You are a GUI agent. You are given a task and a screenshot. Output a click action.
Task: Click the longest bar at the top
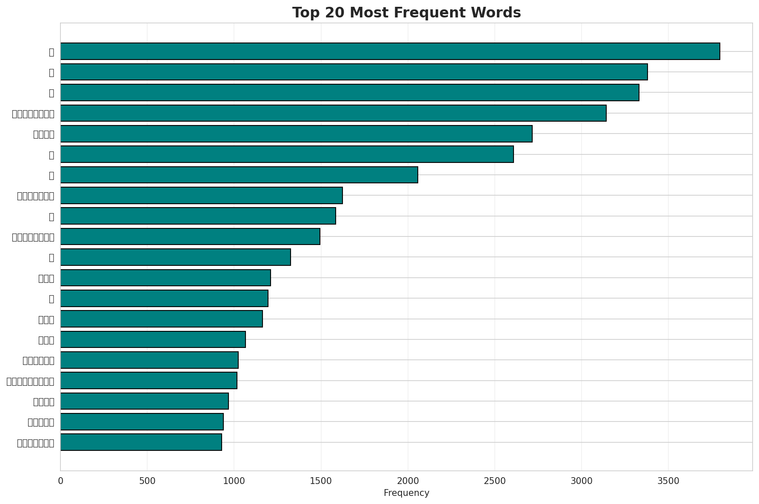click(390, 51)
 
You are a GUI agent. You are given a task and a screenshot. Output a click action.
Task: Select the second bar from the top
click(354, 72)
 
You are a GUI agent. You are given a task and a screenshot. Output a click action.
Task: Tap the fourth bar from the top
click(333, 113)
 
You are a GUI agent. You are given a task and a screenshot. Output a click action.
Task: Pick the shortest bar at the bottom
click(141, 442)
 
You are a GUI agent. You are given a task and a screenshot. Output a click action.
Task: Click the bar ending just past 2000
click(239, 175)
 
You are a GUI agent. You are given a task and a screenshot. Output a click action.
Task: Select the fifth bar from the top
click(296, 134)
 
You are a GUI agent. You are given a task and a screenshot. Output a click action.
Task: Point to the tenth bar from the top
click(190, 236)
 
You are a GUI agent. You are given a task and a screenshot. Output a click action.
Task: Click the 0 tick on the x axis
click(60, 481)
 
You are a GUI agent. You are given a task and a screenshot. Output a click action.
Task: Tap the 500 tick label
click(147, 481)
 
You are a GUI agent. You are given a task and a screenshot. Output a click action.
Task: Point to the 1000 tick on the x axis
click(234, 481)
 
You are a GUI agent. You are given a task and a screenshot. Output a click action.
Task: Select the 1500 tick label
click(321, 481)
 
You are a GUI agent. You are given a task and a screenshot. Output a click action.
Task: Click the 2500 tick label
click(495, 481)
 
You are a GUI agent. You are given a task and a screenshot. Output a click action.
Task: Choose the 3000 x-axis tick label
click(582, 481)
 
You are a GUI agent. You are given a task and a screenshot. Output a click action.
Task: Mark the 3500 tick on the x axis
click(668, 481)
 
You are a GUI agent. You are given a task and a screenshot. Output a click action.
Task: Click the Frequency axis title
click(406, 493)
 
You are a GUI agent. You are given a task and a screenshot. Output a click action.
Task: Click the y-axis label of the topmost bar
click(51, 52)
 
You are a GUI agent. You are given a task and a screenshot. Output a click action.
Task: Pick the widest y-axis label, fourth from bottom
click(31, 381)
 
